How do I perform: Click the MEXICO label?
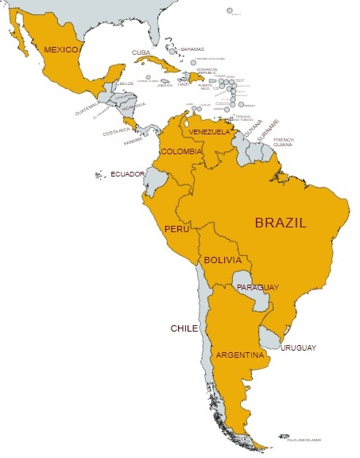tap(60, 50)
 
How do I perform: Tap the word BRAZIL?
tap(281, 223)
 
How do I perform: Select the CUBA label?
tap(141, 53)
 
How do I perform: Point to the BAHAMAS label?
tap(192, 49)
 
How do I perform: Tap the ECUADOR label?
tap(128, 174)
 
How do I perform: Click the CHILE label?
tap(184, 328)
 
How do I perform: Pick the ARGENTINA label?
tap(239, 355)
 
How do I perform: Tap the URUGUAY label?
tap(300, 347)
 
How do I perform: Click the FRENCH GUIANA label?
tap(284, 142)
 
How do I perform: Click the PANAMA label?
tap(133, 143)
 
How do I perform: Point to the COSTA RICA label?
tap(116, 132)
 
